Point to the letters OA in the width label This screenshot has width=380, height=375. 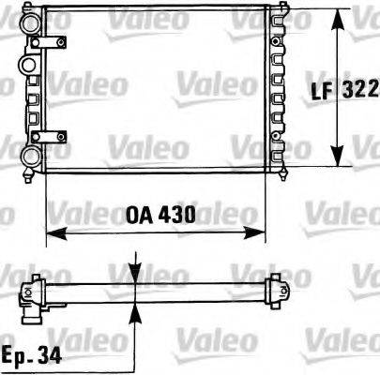coord(137,215)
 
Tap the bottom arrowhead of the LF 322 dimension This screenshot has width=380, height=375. coord(338,160)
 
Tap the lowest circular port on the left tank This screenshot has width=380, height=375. coord(29,156)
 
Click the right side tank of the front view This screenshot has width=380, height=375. coord(277,89)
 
